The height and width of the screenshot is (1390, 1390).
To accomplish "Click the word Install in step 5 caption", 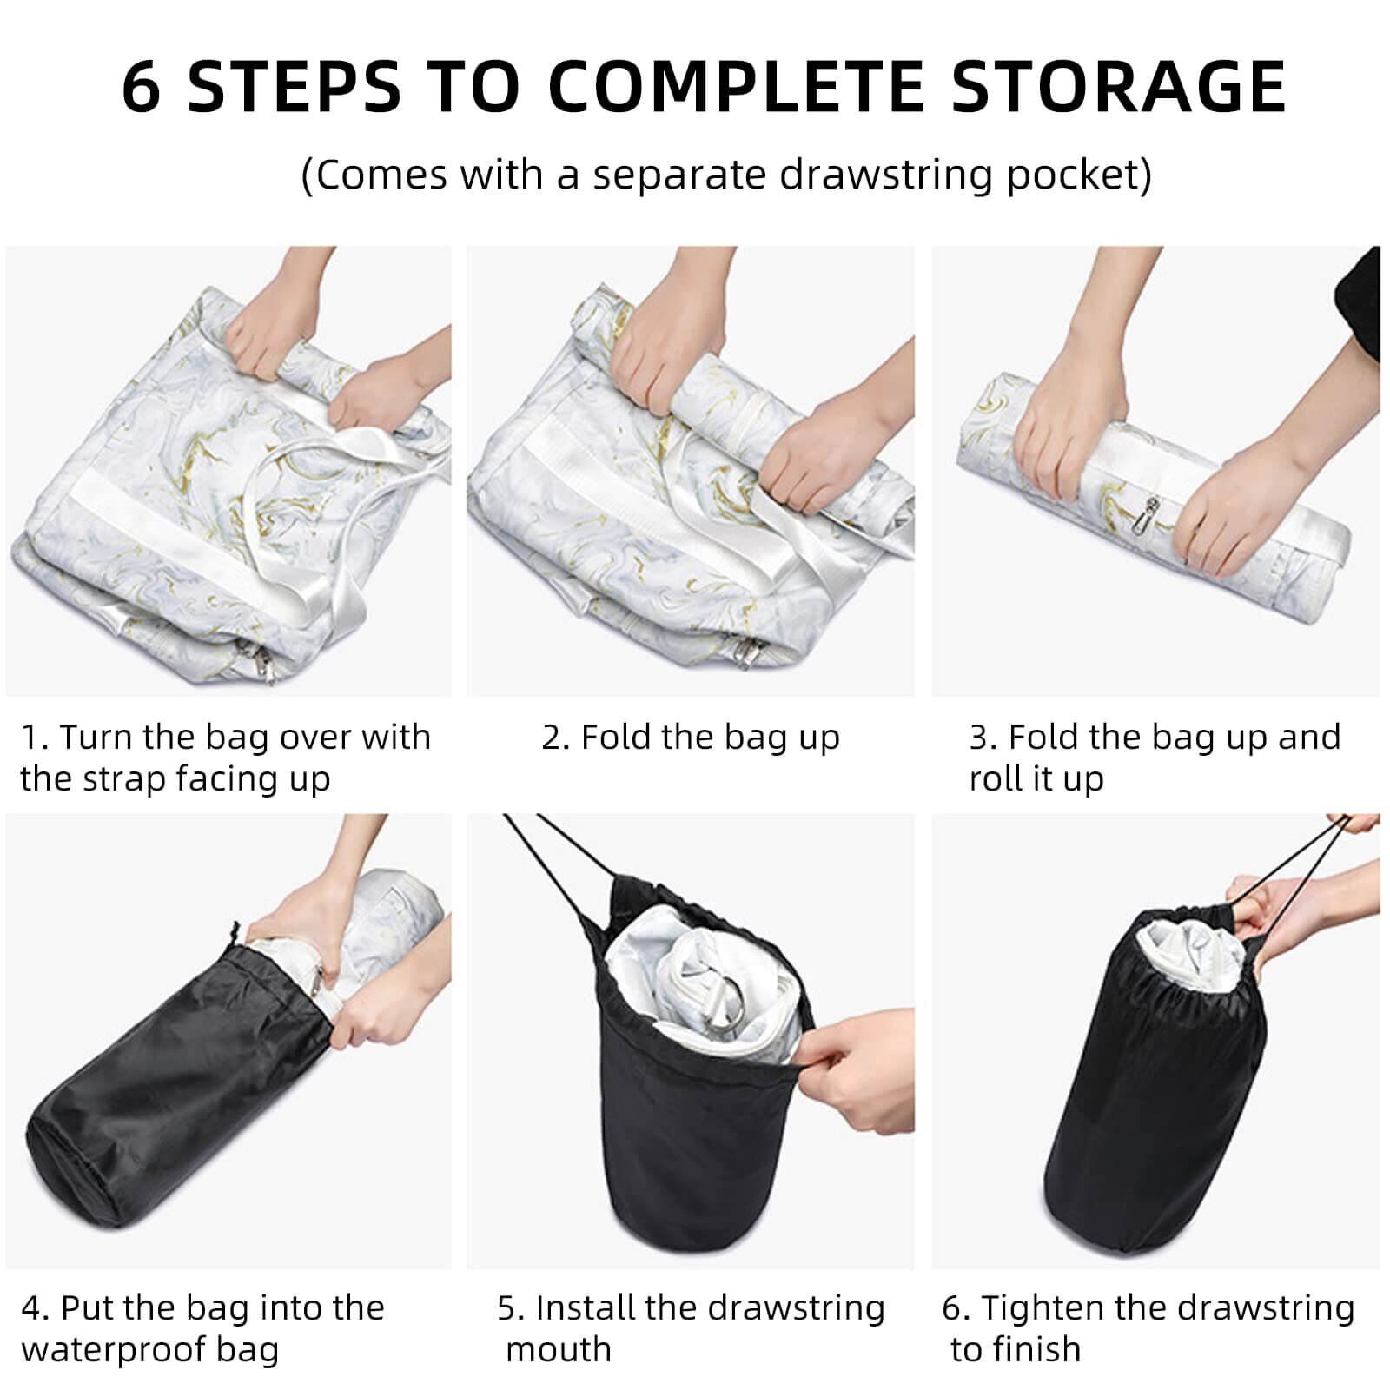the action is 587,1307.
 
